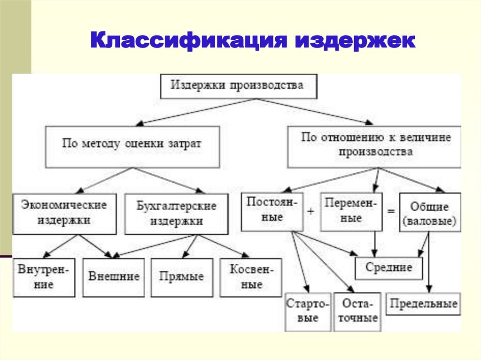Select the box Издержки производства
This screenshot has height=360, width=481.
(x=238, y=86)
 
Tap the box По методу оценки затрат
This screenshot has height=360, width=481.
(x=132, y=146)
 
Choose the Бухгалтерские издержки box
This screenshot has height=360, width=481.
(x=176, y=213)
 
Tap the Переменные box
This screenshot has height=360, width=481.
(x=351, y=212)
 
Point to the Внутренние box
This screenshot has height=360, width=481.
(x=44, y=277)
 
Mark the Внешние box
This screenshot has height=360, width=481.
(x=114, y=276)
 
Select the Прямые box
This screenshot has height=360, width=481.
(x=181, y=276)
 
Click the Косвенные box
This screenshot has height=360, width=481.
(x=250, y=277)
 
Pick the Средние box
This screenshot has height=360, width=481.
(x=388, y=268)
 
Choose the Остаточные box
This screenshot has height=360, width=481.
(x=357, y=311)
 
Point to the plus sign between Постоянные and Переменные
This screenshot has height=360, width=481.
(x=310, y=212)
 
